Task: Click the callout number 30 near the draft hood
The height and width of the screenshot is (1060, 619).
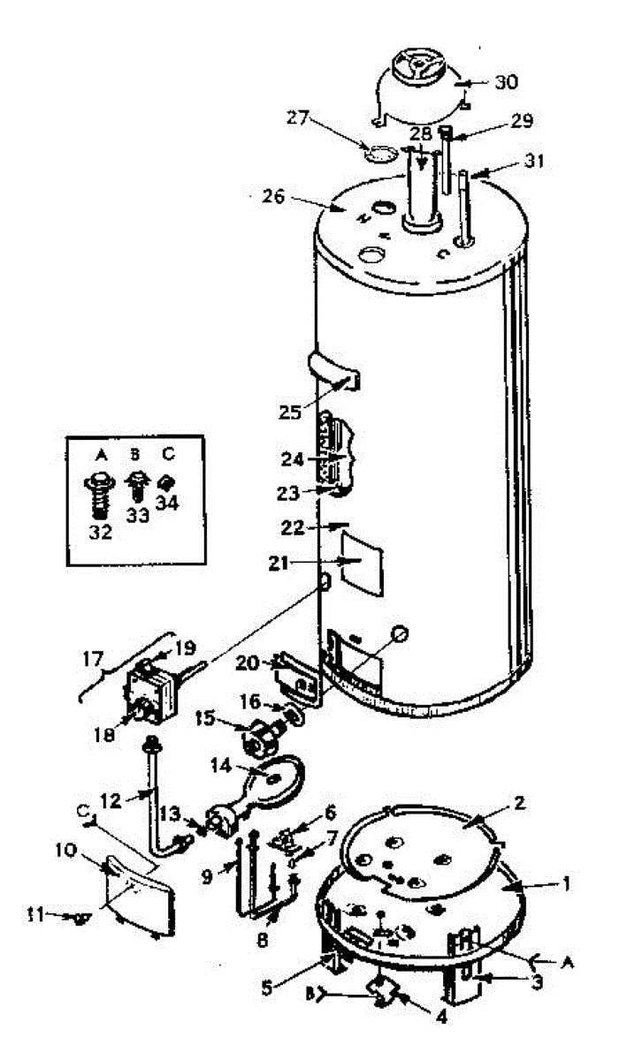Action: (x=507, y=82)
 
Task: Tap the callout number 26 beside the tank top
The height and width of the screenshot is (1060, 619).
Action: (x=273, y=196)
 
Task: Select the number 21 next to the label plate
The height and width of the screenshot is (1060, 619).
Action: (x=279, y=564)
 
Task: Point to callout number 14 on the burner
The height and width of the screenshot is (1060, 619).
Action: (x=221, y=765)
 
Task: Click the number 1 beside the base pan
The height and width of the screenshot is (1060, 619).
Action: (x=566, y=883)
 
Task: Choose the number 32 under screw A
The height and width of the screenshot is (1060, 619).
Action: (x=101, y=532)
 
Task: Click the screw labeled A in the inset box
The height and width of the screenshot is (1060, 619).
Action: (x=100, y=496)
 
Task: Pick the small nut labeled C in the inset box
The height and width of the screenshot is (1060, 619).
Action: (x=165, y=484)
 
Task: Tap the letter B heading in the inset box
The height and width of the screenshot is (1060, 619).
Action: (x=135, y=455)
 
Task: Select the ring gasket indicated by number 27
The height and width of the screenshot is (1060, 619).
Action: (x=378, y=155)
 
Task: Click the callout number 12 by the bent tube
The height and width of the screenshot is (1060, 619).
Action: (x=111, y=800)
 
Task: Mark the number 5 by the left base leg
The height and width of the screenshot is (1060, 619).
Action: (x=267, y=988)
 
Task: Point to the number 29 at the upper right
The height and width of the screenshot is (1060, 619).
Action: (x=522, y=120)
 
